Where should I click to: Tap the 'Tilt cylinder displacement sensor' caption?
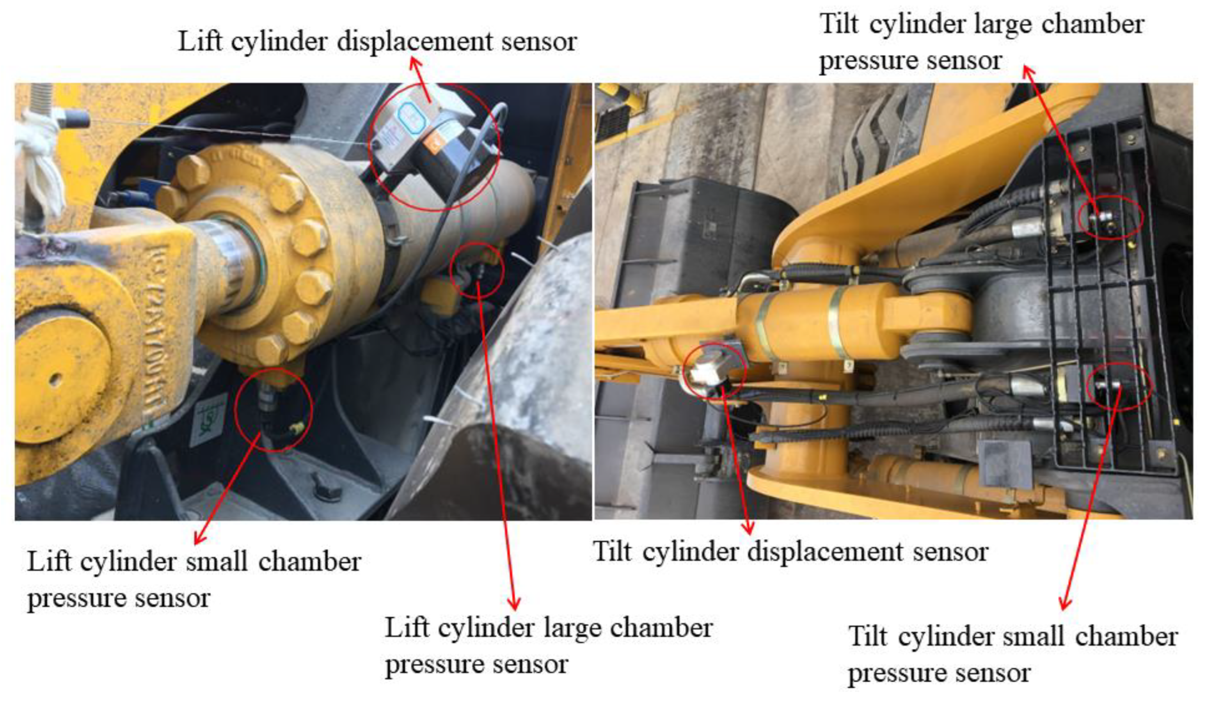click(x=791, y=552)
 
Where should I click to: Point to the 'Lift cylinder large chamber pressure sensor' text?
click(x=549, y=646)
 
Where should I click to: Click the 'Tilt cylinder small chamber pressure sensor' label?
click(x=1013, y=655)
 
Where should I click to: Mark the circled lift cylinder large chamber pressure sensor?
click(x=478, y=271)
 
